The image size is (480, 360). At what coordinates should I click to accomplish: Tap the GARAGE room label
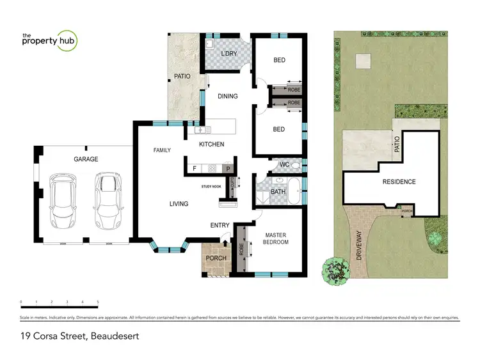point(86,159)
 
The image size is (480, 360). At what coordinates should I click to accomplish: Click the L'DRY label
point(229,54)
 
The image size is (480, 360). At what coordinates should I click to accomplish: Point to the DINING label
point(228,97)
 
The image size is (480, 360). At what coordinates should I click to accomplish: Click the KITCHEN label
point(211,145)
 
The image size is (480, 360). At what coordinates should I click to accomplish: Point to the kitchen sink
point(200,130)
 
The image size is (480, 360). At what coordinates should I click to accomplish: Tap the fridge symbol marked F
point(195,169)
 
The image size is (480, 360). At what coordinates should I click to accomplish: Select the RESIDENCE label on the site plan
point(399,182)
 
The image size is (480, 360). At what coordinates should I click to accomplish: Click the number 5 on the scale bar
point(98,301)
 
